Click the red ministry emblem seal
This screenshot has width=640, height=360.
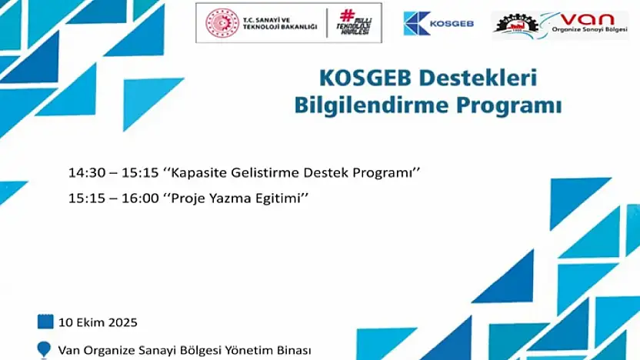coord(222,23)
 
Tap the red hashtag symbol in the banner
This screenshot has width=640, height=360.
coord(348,15)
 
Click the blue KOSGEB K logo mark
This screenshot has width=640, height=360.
coord(416,23)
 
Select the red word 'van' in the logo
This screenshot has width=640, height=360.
coord(588,18)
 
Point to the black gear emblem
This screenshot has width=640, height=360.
coord(516,25)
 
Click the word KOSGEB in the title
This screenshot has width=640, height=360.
coord(365,78)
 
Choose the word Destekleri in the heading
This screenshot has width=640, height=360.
coord(478,78)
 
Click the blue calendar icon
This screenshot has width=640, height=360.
coord(45,322)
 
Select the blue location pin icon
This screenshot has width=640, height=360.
coord(44,350)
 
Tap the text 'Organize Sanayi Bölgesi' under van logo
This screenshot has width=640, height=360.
coord(589,30)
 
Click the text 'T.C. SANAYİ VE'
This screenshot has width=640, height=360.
coord(266,19)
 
